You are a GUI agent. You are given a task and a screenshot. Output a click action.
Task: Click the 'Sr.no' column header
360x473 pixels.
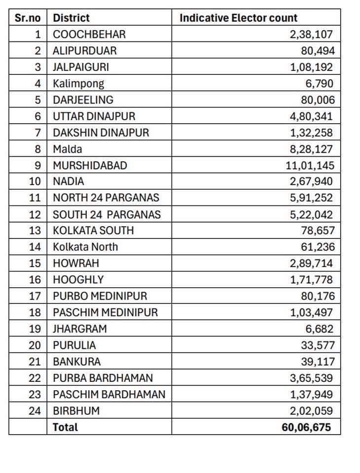tap(28, 18)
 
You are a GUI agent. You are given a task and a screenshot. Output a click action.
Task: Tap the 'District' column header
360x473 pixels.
tap(72, 18)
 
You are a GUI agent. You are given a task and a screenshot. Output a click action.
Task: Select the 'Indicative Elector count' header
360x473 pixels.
tap(238, 18)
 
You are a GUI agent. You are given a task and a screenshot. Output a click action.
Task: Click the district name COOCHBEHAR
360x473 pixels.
tap(89, 34)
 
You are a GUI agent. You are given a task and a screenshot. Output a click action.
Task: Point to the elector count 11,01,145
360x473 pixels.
tap(310, 165)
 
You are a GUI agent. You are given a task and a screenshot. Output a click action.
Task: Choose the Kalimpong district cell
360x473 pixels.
tap(78, 83)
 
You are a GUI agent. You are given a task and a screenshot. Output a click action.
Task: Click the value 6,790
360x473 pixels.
tap(319, 83)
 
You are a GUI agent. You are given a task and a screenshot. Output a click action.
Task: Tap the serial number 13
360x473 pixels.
tap(35, 231)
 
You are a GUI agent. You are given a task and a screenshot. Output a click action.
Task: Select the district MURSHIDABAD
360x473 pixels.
tap(90, 165)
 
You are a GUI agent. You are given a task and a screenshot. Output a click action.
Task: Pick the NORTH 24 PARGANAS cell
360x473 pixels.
tap(106, 198)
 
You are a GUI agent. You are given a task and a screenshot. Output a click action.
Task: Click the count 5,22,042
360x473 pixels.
tap(311, 214)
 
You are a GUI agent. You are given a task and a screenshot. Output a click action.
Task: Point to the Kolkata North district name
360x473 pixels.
tap(85, 247)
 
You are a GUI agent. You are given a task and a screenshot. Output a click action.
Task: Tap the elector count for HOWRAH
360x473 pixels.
tap(311, 263)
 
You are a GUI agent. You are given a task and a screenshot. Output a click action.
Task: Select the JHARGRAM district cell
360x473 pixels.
tap(80, 329)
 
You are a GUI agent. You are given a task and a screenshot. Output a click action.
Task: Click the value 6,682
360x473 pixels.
tap(319, 329)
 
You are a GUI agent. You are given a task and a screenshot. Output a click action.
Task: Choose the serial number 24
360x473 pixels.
tap(35, 410)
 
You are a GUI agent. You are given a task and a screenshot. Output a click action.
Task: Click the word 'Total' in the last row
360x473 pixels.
tap(66, 427)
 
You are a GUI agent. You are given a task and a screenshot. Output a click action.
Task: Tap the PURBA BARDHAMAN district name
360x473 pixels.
tap(103, 378)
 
